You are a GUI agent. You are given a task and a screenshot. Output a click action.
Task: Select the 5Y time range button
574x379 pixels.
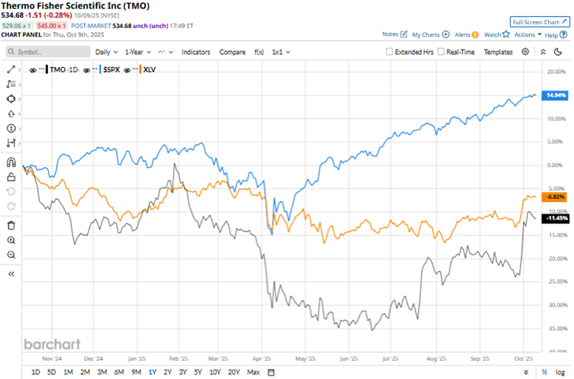198,371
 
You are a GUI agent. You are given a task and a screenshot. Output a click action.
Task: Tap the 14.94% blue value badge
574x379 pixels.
555,95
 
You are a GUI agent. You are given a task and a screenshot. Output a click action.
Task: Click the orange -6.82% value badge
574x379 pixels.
555,196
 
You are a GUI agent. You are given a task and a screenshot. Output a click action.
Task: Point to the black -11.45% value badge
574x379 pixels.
555,218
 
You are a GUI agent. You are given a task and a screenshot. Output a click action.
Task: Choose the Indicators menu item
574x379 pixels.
196,52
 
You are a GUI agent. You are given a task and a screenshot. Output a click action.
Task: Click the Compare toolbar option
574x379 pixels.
232,52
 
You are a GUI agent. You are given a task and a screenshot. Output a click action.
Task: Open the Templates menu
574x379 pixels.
498,52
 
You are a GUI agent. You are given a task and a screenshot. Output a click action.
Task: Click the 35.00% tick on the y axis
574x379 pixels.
554,329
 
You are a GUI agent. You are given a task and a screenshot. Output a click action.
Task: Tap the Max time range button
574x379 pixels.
253,371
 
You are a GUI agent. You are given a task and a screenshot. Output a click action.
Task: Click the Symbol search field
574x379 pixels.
46,52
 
